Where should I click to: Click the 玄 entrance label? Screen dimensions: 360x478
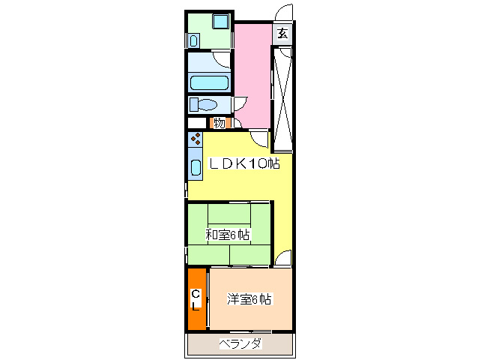pyautogui.click(x=282, y=33)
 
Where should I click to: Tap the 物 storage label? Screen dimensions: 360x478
pyautogui.click(x=219, y=123)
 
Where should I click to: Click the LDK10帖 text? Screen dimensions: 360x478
pyautogui.click(x=243, y=164)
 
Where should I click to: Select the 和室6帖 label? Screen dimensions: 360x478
pyautogui.click(x=228, y=235)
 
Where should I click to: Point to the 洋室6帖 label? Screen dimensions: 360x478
pyautogui.click(x=249, y=300)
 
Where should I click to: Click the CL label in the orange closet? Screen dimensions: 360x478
pyautogui.click(x=196, y=299)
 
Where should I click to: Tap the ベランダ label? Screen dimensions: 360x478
pyautogui.click(x=240, y=344)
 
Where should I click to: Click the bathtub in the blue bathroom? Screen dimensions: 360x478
pyautogui.click(x=209, y=82)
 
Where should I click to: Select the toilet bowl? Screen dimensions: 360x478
pyautogui.click(x=205, y=103)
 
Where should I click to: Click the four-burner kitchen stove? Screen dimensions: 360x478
pyautogui.click(x=196, y=139)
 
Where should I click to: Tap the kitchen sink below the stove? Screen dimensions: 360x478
pyautogui.click(x=196, y=166)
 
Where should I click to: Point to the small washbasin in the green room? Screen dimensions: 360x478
pyautogui.click(x=193, y=38)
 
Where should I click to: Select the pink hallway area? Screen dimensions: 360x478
pyautogui.click(x=253, y=75)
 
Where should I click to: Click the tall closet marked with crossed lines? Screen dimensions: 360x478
pyautogui.click(x=282, y=96)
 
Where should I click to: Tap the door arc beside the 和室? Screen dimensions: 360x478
pyautogui.click(x=282, y=259)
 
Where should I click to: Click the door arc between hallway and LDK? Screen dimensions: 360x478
pyautogui.click(x=259, y=138)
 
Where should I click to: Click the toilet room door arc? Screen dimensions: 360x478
pyautogui.click(x=240, y=104)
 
